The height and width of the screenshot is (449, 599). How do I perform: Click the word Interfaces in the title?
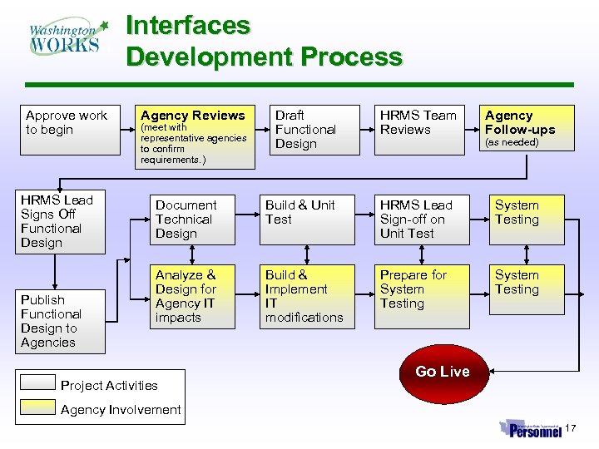(x=187, y=26)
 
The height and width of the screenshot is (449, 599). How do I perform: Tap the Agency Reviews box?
(x=195, y=136)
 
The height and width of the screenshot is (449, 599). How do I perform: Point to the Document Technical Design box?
(x=196, y=220)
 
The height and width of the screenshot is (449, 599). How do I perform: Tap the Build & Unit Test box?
(x=309, y=220)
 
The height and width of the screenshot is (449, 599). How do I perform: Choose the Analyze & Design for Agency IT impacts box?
(x=196, y=297)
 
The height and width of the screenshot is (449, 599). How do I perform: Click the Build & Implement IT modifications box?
(x=309, y=297)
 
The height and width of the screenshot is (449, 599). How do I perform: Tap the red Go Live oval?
(x=443, y=372)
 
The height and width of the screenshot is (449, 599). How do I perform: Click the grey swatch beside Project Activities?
(x=38, y=383)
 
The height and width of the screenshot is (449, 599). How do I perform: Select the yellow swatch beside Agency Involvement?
(x=38, y=407)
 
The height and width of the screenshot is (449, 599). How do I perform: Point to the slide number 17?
(x=571, y=428)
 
